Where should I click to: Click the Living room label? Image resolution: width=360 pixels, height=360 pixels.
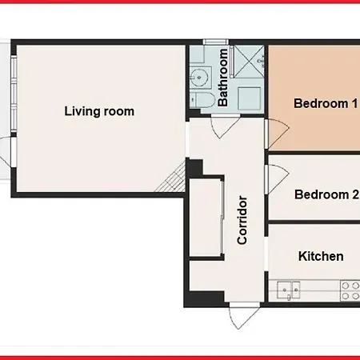point(99,111)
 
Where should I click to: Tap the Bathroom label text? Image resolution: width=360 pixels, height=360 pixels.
point(224,78)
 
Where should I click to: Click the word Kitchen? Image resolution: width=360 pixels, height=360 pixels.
point(321,257)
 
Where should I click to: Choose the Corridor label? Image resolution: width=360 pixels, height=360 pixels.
point(242,220)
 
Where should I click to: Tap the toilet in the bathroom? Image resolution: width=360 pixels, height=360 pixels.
point(202,99)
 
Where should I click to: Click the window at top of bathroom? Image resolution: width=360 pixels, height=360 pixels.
point(216,42)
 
